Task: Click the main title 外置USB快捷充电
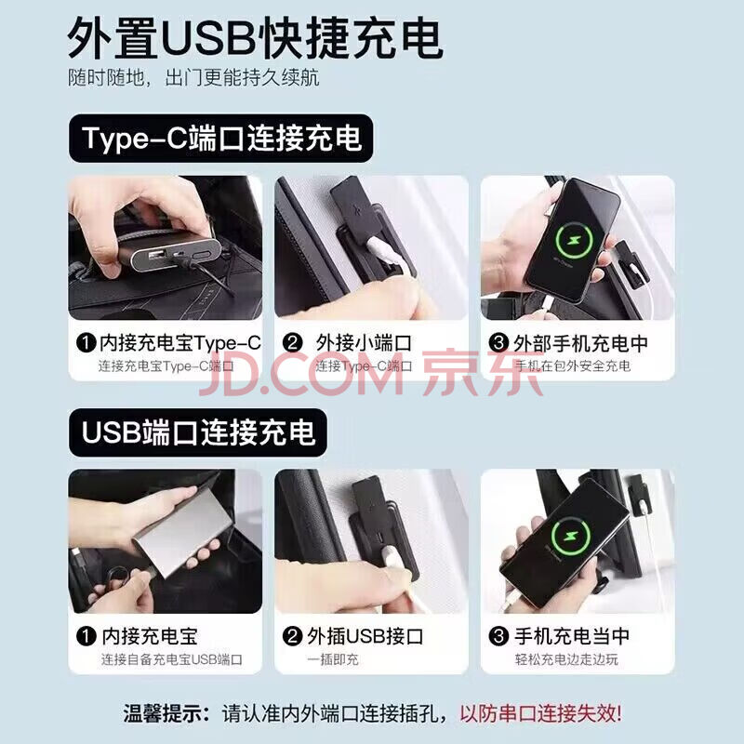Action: [x=255, y=38]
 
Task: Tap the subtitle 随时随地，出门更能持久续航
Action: [x=193, y=78]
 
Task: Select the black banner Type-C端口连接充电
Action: [x=220, y=138]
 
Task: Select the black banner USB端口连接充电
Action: [x=198, y=432]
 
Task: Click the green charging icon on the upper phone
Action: [x=574, y=241]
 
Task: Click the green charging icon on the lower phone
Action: [x=570, y=537]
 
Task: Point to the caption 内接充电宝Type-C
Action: [x=180, y=343]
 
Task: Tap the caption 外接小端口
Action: [x=364, y=343]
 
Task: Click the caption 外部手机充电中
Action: [x=580, y=343]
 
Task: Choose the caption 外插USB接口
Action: [x=365, y=636]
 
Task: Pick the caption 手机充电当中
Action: [x=572, y=636]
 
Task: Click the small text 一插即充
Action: [x=333, y=659]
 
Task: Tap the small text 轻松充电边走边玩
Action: [x=566, y=659]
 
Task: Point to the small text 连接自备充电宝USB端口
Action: [x=171, y=659]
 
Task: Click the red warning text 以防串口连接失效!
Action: [x=540, y=713]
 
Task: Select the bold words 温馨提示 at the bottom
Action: [x=162, y=713]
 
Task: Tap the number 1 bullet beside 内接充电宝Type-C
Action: [x=86, y=343]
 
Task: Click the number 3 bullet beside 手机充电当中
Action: [x=498, y=636]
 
